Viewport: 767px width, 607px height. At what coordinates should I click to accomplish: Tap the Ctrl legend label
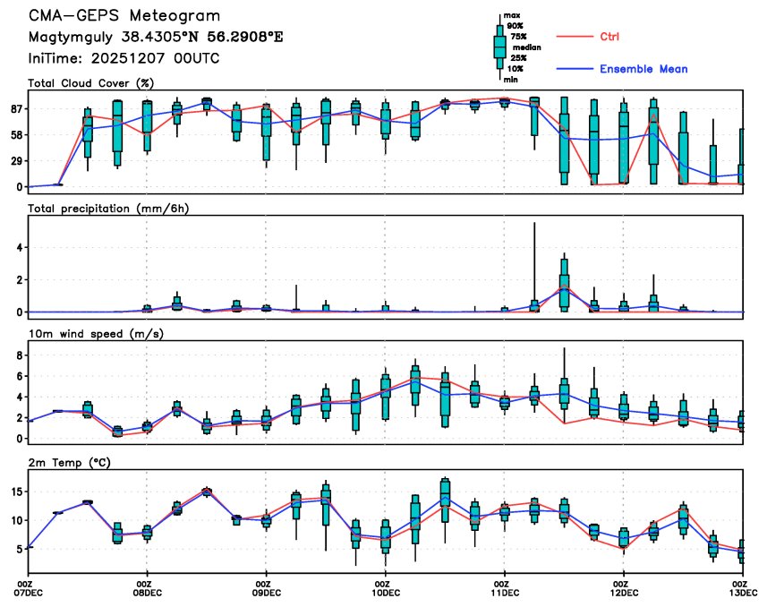(609, 37)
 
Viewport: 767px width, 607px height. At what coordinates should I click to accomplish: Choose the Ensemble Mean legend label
(643, 69)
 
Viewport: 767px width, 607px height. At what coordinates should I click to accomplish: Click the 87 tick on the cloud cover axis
(15, 108)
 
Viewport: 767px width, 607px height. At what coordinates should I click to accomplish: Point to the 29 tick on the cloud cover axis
(15, 160)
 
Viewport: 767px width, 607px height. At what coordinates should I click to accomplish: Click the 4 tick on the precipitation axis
(19, 247)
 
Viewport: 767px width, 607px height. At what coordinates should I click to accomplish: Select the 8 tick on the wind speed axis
(19, 355)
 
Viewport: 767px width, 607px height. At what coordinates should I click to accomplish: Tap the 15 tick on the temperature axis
(16, 492)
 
